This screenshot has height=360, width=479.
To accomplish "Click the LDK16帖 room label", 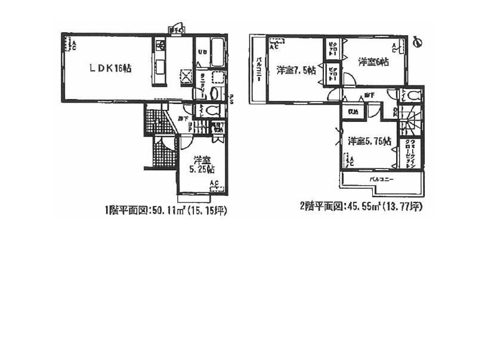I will point(110,69).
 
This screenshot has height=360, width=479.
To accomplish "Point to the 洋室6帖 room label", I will point(374,62).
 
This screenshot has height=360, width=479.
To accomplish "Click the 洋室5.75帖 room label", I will point(369,141).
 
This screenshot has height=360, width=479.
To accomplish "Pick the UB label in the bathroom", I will point(202,51).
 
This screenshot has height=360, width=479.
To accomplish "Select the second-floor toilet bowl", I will point(413,95).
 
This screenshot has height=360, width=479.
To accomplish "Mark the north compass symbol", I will point(418,42).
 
